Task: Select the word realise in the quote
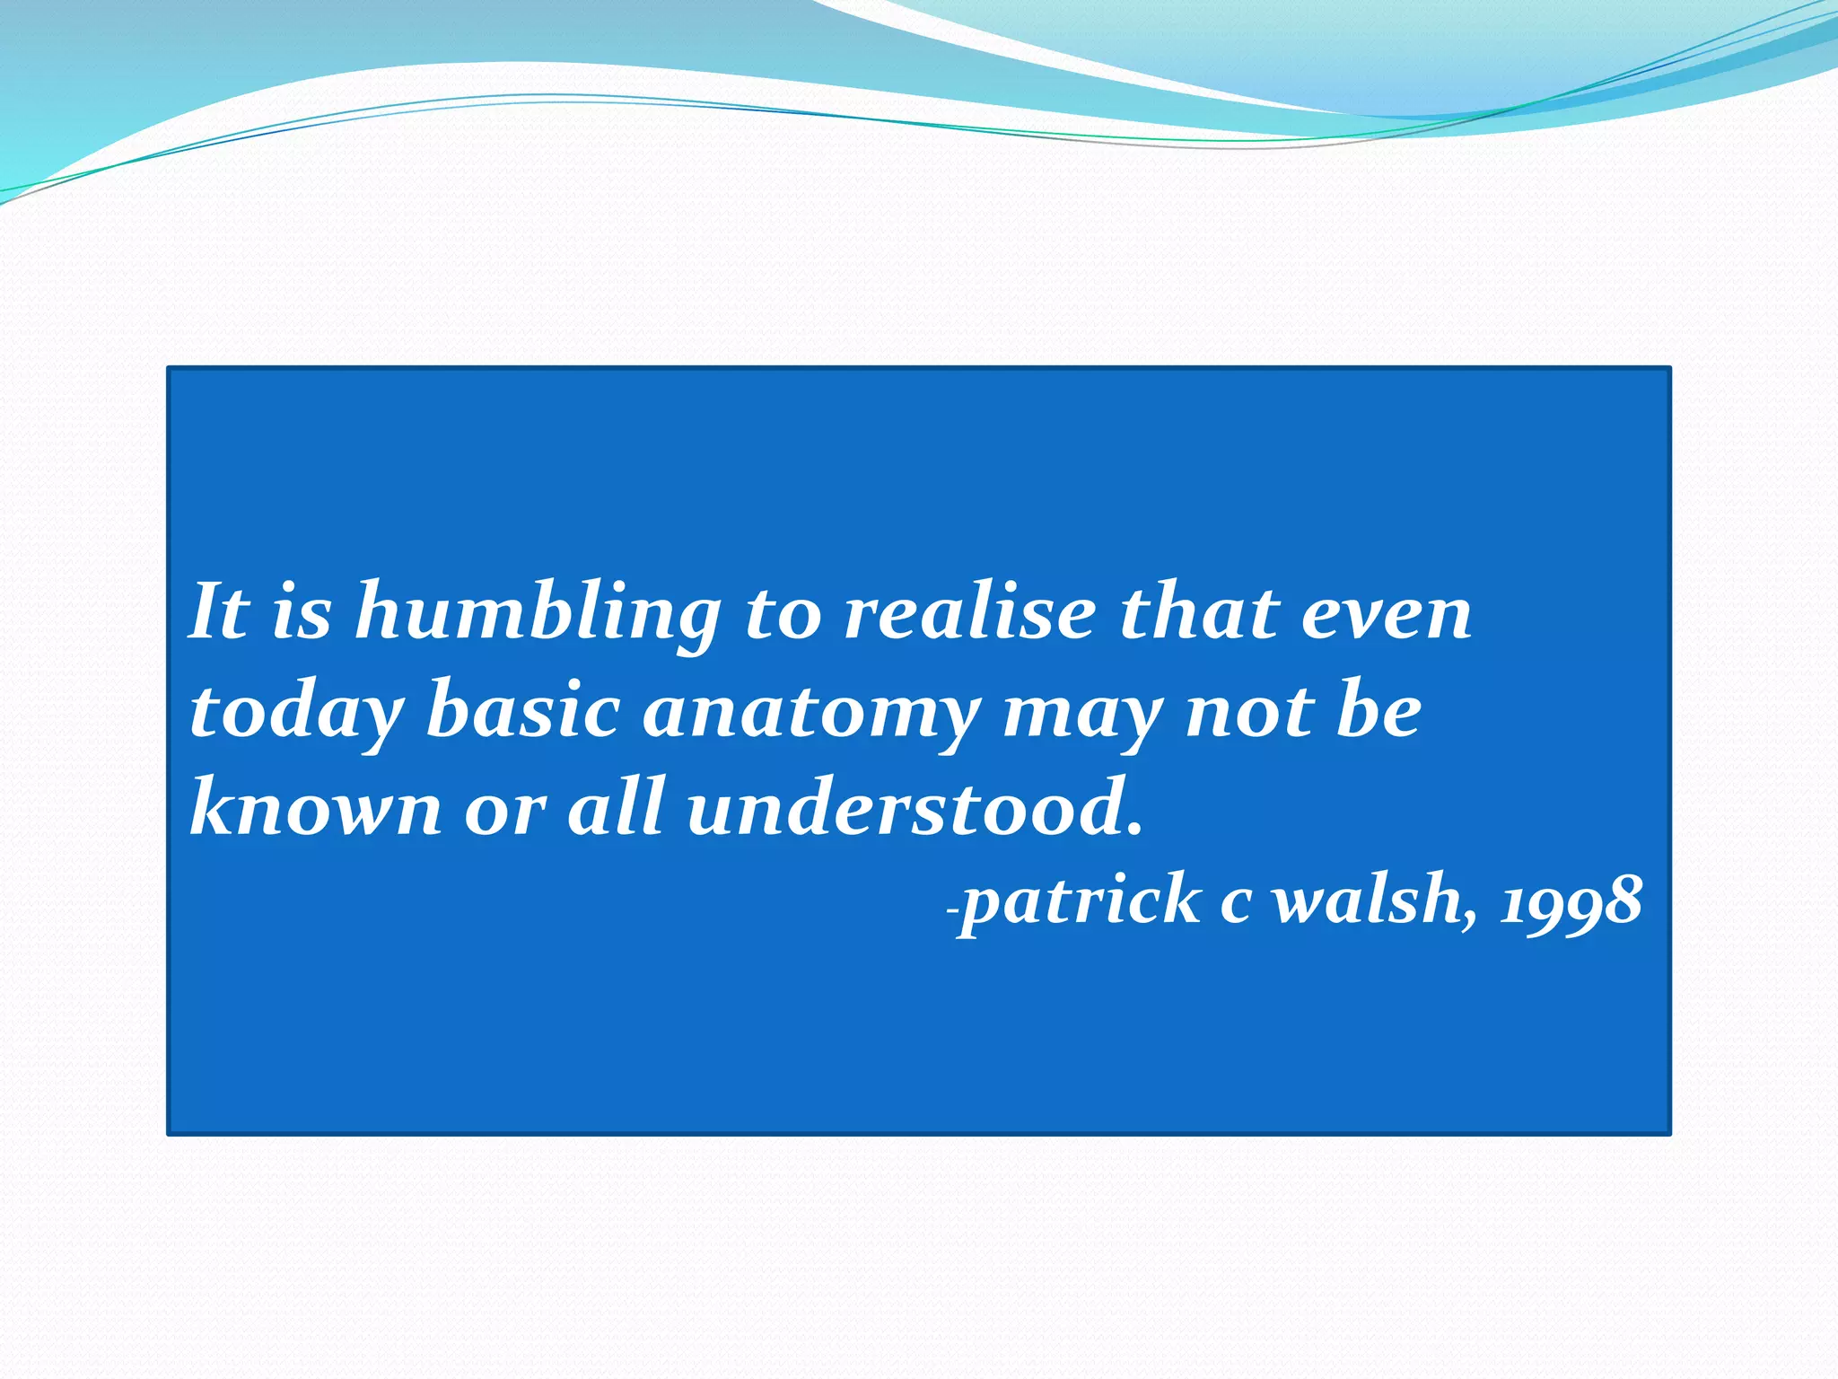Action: pyautogui.click(x=970, y=613)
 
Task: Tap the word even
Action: pyautogui.click(x=1387, y=614)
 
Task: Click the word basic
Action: pyautogui.click(x=522, y=711)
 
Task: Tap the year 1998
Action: pyautogui.click(x=1571, y=901)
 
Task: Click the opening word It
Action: pyautogui.click(x=219, y=612)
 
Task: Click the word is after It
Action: pyautogui.click(x=302, y=614)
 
